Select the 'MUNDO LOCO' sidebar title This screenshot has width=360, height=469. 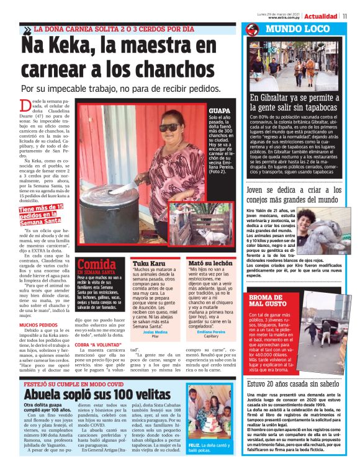click(x=292, y=29)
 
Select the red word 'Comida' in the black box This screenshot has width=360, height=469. click(x=96, y=264)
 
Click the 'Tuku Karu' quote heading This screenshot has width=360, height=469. click(x=145, y=264)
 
